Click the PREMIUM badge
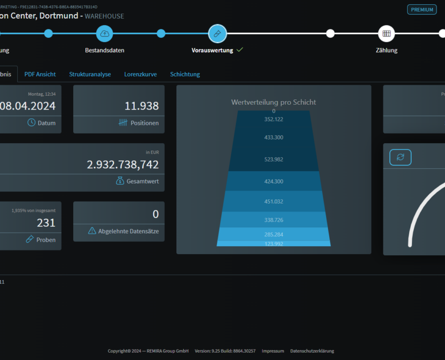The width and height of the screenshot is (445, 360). pos(422,9)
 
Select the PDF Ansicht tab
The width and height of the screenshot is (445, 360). pos(40,74)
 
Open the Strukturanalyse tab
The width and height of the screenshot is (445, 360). pos(90,74)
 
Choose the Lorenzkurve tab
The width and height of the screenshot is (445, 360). pos(141,74)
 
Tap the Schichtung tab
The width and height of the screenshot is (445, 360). pos(185,74)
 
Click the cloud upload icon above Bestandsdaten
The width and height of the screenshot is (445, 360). pos(104,34)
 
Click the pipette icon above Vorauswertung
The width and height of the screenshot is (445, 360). pos(217,34)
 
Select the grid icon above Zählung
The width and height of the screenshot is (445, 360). pos(387,34)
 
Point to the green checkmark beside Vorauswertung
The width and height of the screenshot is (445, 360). pos(240,50)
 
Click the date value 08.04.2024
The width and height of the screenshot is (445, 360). pos(27,106)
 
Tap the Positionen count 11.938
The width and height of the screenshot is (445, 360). pos(142,106)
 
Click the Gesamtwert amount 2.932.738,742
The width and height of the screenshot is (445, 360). pos(123,165)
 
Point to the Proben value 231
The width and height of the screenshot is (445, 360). pos(46,223)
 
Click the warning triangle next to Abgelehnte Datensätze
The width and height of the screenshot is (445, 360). pos(92,231)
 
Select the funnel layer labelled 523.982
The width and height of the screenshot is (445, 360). pos(274,159)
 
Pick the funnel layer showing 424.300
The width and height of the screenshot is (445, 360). pos(274,181)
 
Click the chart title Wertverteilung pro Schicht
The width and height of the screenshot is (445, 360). pos(274,102)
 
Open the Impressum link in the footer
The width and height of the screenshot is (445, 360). pos(273,351)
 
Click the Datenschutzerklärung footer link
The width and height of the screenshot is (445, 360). pos(312,351)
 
